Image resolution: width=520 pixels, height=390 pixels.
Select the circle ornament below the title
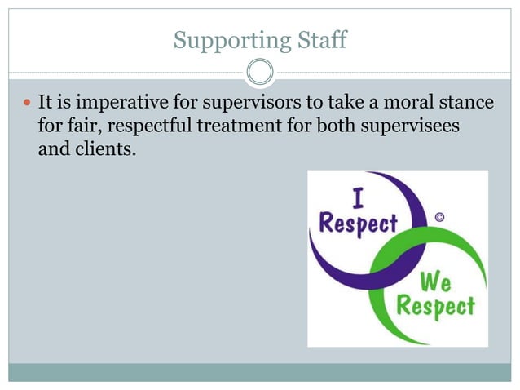click(x=260, y=73)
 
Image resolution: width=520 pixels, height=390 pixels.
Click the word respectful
click(x=148, y=128)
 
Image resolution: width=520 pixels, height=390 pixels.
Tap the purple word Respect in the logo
click(x=359, y=223)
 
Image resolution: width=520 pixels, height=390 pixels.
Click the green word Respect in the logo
click(x=436, y=308)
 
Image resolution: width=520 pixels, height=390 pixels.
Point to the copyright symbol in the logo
click(x=440, y=217)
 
